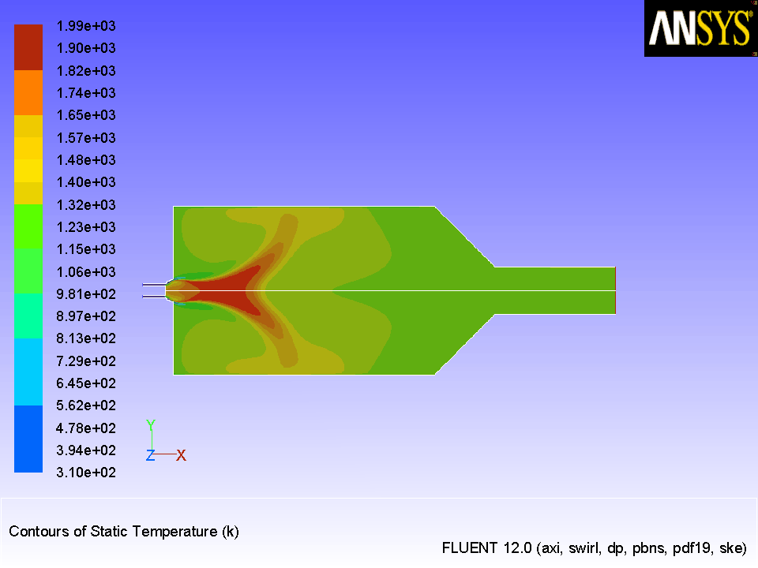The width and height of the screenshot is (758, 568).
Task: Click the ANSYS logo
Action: [700, 28]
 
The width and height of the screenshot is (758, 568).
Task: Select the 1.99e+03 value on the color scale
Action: [86, 26]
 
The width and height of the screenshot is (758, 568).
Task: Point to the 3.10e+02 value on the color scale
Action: [86, 473]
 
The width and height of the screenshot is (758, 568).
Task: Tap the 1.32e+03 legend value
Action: [86, 205]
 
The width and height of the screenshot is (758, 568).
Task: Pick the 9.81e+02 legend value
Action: [86, 293]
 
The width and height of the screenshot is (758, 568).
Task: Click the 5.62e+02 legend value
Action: [86, 405]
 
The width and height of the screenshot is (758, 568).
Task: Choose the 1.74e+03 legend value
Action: [86, 93]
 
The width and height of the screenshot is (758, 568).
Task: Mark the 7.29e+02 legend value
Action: [86, 361]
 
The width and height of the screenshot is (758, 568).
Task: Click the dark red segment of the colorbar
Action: [28, 47]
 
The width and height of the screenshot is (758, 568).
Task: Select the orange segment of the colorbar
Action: [28, 93]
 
